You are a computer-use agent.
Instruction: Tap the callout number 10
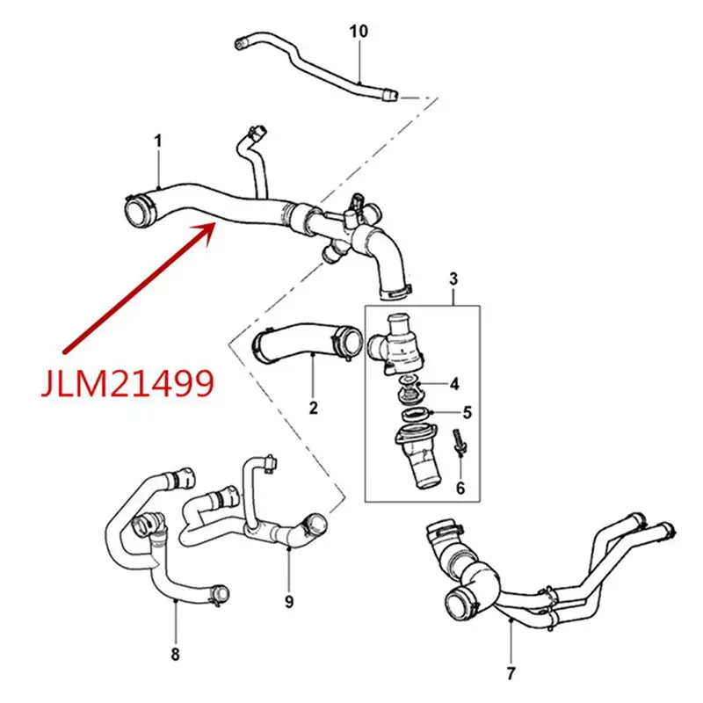tap(359, 31)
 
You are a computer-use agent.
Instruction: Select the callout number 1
tap(159, 141)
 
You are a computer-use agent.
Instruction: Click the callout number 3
tap(453, 279)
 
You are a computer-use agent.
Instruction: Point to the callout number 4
tap(454, 384)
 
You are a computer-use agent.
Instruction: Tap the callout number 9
tap(289, 602)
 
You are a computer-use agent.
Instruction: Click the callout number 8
tap(176, 655)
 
